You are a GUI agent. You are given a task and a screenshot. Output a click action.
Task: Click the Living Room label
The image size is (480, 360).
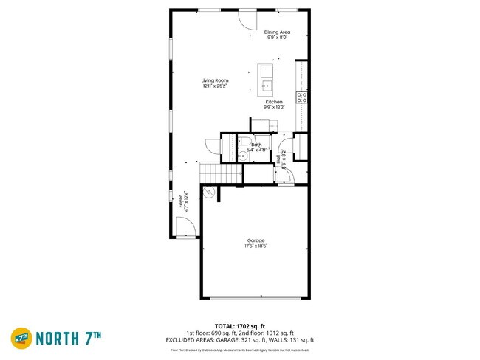[x=216, y=80]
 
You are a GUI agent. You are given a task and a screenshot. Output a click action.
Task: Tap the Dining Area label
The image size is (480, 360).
[x=278, y=32]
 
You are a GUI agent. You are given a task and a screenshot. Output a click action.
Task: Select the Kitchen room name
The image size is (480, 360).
[x=274, y=102]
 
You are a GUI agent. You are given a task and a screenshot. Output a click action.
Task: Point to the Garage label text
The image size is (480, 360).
[x=256, y=240]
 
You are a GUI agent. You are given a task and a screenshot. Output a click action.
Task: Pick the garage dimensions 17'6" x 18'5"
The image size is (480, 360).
[x=256, y=246]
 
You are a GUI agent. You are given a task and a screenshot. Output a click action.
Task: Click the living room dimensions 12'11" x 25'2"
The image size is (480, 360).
[x=216, y=86]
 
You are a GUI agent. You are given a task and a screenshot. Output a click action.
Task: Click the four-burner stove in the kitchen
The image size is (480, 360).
[x=301, y=96]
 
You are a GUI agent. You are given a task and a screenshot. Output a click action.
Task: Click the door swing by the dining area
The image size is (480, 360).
[x=246, y=18]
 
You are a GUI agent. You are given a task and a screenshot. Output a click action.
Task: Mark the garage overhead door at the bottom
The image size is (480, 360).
[x=255, y=298]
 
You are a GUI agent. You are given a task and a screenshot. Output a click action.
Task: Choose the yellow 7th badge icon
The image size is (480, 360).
[x=21, y=338]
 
